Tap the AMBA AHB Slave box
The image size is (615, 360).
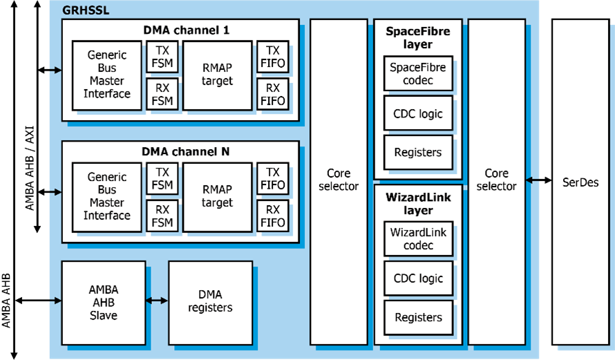pyautogui.click(x=103, y=303)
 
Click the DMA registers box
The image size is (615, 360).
pyautogui.click(x=210, y=301)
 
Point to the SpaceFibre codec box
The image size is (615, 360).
pyautogui.click(x=417, y=74)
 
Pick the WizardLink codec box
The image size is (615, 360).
pyautogui.click(x=417, y=239)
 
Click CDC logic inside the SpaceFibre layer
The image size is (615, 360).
pyautogui.click(x=417, y=113)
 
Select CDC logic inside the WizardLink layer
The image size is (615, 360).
pyautogui.click(x=417, y=278)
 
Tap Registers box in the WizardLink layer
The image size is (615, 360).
pyautogui.click(x=417, y=318)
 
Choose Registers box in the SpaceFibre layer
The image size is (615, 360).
pyautogui.click(x=417, y=152)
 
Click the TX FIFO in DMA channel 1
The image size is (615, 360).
pyautogui.click(x=272, y=58)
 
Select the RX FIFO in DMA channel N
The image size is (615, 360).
pyautogui.click(x=272, y=216)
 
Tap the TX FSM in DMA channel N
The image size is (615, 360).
pyautogui.click(x=162, y=178)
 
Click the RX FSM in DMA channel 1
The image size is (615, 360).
pyautogui.click(x=162, y=94)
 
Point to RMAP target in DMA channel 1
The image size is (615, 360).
pyautogui.click(x=217, y=75)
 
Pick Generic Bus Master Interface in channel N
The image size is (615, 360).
pyautogui.click(x=106, y=197)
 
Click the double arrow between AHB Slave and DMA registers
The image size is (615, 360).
pyautogui.click(x=157, y=301)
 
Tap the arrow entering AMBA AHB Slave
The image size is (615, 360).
pyautogui.click(x=55, y=301)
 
